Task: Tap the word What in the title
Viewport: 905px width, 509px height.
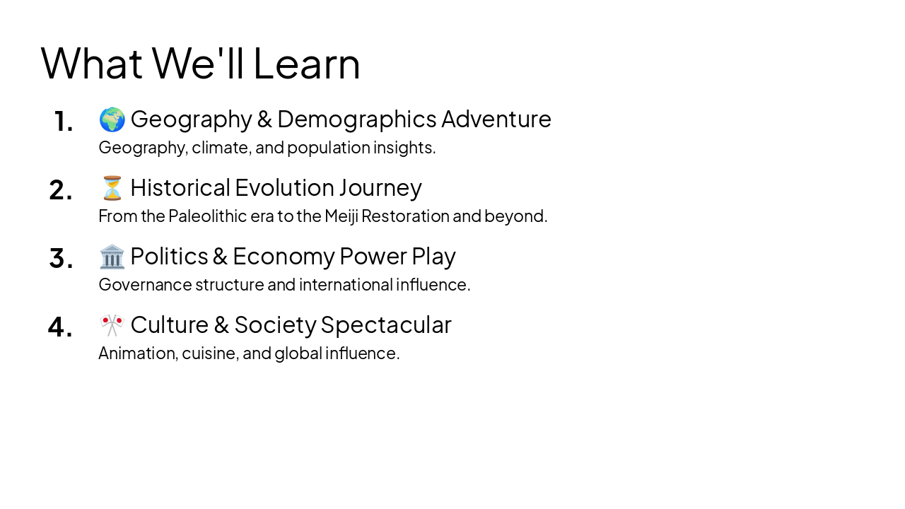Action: pyautogui.click(x=91, y=64)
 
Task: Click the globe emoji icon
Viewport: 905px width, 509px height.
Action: pyautogui.click(x=112, y=119)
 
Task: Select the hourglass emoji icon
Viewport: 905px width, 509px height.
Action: pyautogui.click(x=112, y=188)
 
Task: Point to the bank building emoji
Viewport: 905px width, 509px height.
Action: pyautogui.click(x=112, y=257)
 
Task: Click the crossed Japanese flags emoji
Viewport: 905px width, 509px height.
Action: pyautogui.click(x=112, y=325)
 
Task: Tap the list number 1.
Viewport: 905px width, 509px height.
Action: pyautogui.click(x=63, y=122)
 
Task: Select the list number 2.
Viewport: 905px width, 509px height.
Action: pyautogui.click(x=61, y=190)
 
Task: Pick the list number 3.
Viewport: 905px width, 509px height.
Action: pyautogui.click(x=61, y=259)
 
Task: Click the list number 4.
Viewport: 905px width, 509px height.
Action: pyautogui.click(x=60, y=327)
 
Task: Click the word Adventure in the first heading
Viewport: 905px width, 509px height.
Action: pyautogui.click(x=496, y=119)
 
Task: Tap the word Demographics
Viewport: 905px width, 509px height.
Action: pyautogui.click(x=357, y=119)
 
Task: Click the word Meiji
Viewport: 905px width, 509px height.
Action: pyautogui.click(x=342, y=216)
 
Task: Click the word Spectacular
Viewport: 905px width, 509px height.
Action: pyautogui.click(x=386, y=325)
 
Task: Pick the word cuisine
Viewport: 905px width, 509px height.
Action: pyautogui.click(x=209, y=353)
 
